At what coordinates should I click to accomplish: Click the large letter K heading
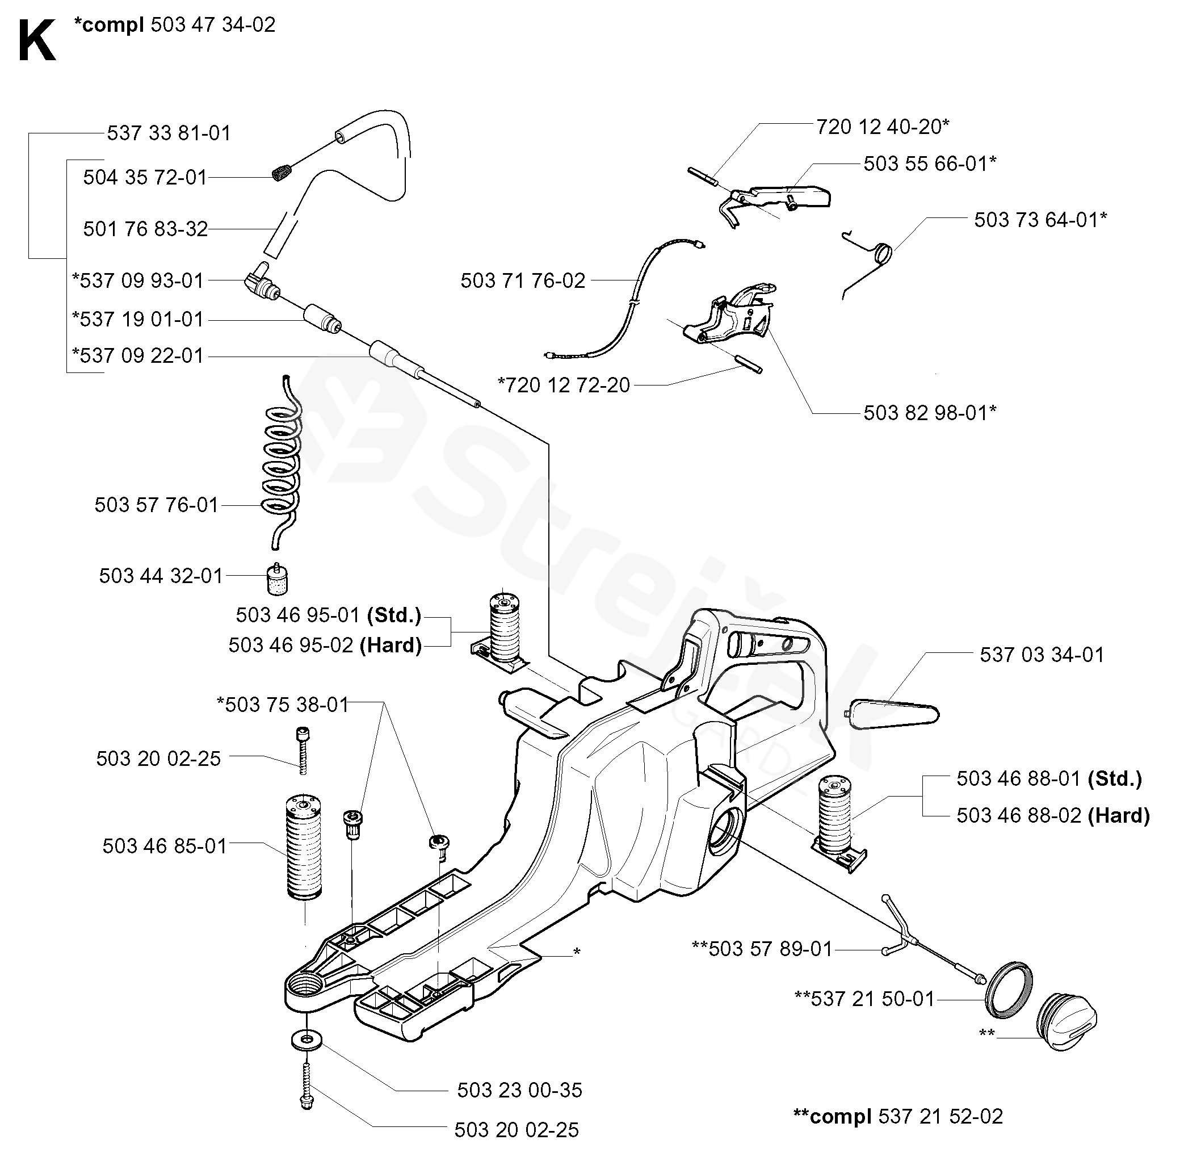pyautogui.click(x=37, y=41)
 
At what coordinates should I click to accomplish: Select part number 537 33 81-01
pyautogui.click(x=169, y=133)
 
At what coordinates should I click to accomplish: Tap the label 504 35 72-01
pyautogui.click(x=145, y=178)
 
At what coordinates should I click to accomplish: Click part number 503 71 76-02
pyautogui.click(x=523, y=281)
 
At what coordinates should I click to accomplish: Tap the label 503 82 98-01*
pyautogui.click(x=929, y=413)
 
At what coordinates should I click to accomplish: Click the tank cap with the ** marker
pyautogui.click(x=1067, y=1021)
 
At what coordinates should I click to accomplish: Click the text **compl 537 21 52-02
pyautogui.click(x=897, y=1116)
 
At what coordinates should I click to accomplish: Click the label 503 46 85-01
pyautogui.click(x=164, y=846)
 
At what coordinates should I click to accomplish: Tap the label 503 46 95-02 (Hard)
pyautogui.click(x=325, y=645)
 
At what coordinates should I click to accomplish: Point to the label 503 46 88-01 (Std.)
pyautogui.click(x=1048, y=778)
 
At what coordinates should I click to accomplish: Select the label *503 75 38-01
pyautogui.click(x=283, y=705)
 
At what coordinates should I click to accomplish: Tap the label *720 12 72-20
pyautogui.click(x=563, y=385)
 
